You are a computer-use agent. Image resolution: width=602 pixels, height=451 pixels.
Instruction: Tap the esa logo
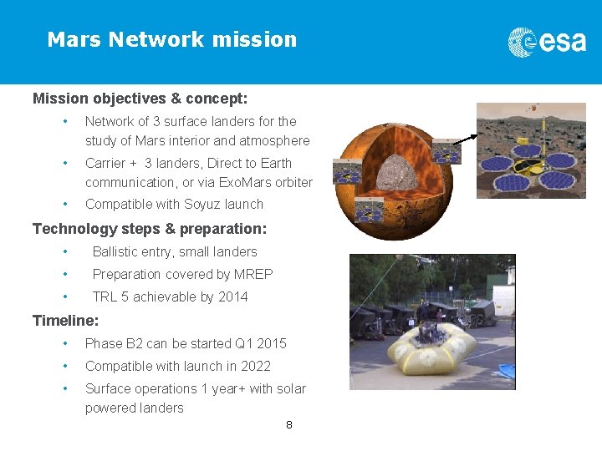(548, 41)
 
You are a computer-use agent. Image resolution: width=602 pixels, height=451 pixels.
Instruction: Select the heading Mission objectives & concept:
(140, 99)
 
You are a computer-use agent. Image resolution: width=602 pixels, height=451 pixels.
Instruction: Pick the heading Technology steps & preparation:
(149, 228)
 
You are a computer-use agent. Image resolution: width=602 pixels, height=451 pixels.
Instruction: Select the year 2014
(232, 296)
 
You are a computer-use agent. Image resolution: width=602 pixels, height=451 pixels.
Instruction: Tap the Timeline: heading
(65, 320)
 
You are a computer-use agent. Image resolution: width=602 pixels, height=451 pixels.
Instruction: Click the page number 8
(289, 425)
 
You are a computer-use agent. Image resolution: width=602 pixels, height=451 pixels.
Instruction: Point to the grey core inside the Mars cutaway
(400, 175)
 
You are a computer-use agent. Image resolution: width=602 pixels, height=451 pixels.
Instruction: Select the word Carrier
(105, 163)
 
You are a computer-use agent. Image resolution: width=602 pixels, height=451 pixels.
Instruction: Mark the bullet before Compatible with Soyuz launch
(64, 204)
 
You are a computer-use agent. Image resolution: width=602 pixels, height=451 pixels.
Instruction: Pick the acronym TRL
(105, 296)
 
